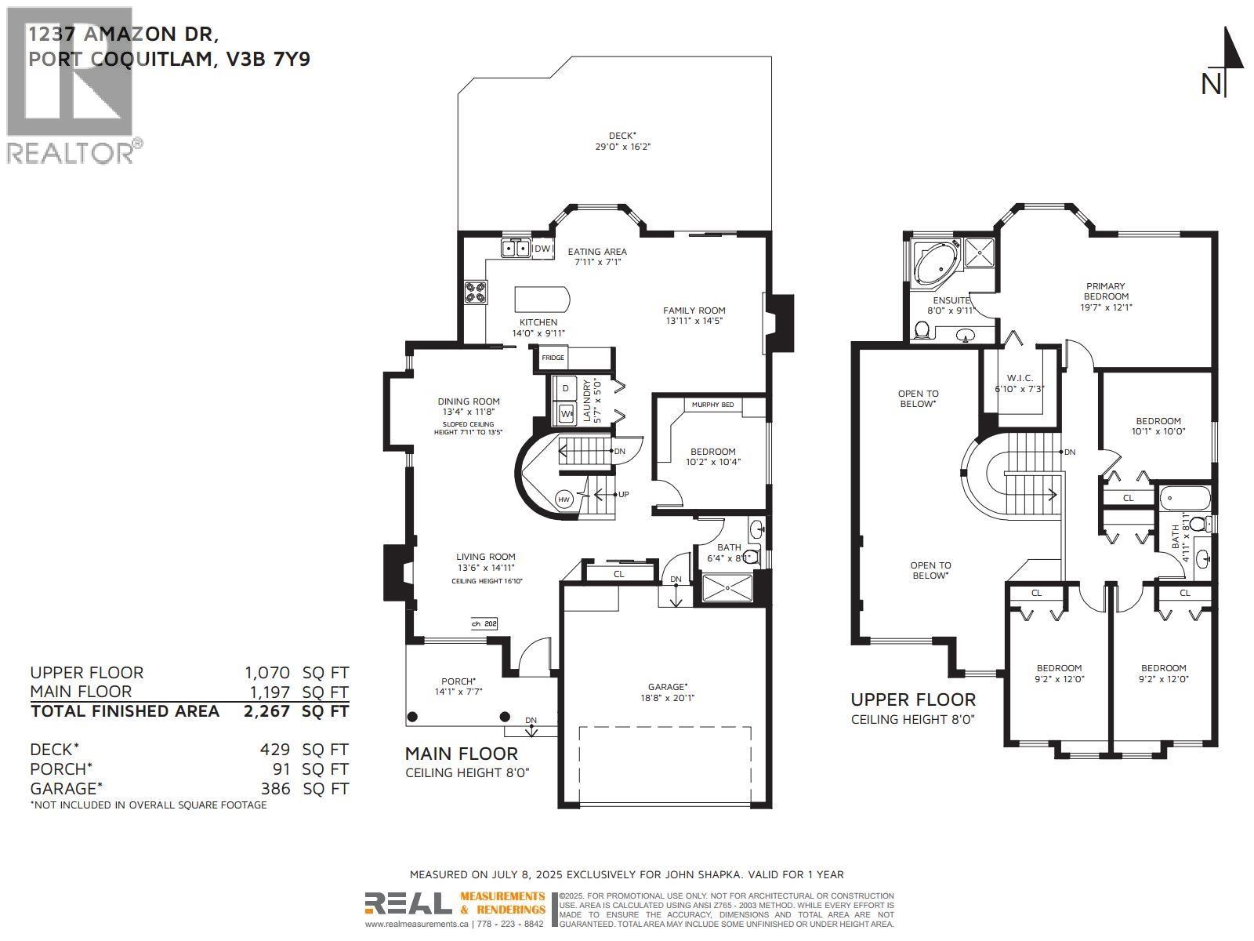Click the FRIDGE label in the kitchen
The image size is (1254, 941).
pyautogui.click(x=553, y=358)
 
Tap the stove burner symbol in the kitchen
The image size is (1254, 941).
pyautogui.click(x=476, y=292)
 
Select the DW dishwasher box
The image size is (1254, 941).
pyautogui.click(x=542, y=249)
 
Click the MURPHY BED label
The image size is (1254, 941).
pyautogui.click(x=712, y=405)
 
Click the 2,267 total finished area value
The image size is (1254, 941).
pyautogui.click(x=266, y=711)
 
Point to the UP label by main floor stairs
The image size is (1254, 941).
pyautogui.click(x=624, y=494)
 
